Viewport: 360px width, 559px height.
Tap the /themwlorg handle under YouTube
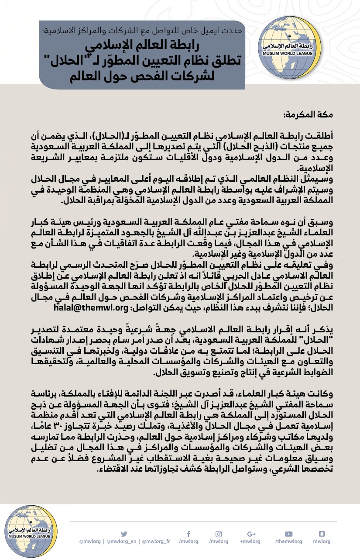288,542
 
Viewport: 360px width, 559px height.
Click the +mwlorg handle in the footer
250,542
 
